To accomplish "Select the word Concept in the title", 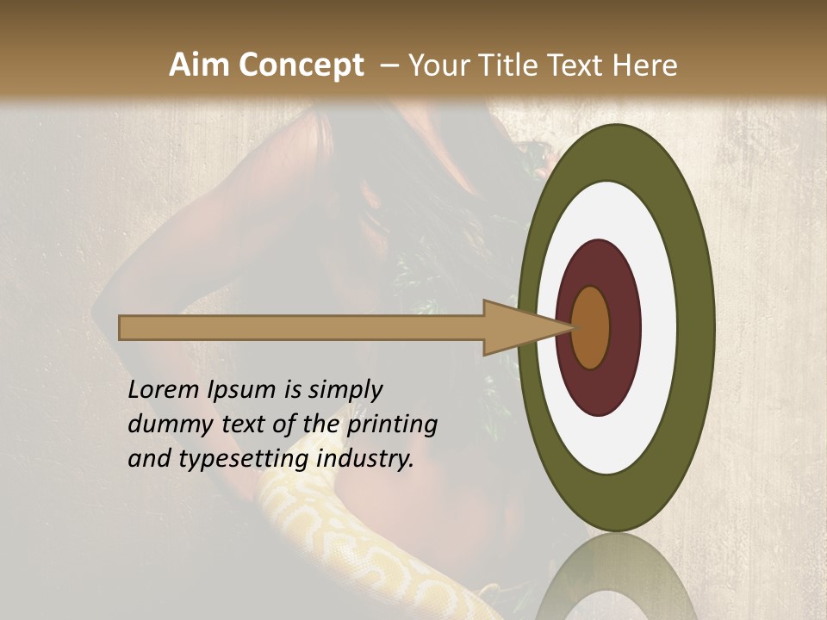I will [x=300, y=65].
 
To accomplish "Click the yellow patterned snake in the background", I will [x=345, y=551].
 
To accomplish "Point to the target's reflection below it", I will [x=616, y=577].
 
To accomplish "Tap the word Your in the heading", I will [x=436, y=65].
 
